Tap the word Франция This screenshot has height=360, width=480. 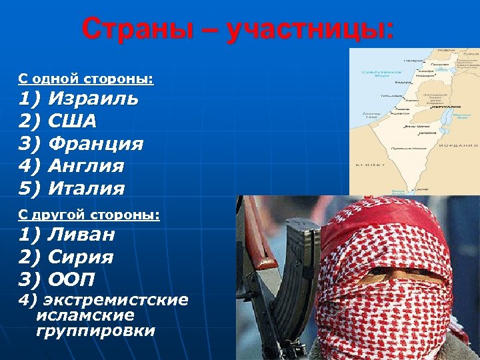tap(96, 143)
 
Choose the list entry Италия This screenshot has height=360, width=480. tap(87, 188)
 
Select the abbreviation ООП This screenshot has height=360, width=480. tap(73, 280)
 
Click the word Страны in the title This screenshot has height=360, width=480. tap(134, 30)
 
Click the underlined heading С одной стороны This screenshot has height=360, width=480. tap(85, 80)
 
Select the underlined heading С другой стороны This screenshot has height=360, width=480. tap(89, 215)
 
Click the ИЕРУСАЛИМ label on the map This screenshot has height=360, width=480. tap(445, 107)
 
